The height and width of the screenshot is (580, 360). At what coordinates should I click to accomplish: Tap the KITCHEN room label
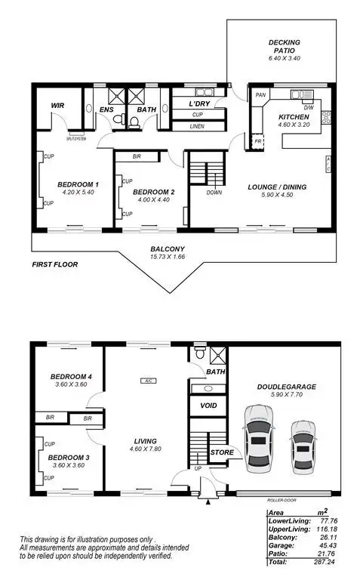(294, 117)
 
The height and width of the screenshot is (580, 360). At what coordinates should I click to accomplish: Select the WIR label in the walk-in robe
(57, 105)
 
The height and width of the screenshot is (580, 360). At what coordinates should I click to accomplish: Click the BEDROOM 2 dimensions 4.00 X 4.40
(153, 200)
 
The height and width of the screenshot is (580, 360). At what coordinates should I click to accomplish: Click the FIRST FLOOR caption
(55, 265)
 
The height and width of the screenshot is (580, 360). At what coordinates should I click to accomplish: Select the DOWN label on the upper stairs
(214, 193)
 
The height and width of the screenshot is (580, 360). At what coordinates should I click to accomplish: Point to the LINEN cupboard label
(198, 125)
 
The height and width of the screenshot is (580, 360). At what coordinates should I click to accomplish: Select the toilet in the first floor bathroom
(133, 121)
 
